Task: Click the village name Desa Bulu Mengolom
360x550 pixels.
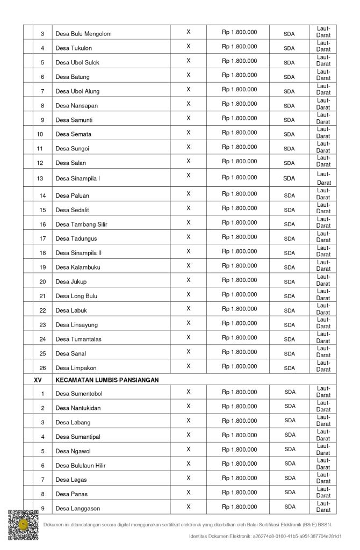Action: pyautogui.click(x=83, y=34)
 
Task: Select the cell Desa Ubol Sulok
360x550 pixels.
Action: pyautogui.click(x=77, y=63)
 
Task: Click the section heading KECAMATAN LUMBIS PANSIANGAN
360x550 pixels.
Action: pyautogui.click(x=107, y=380)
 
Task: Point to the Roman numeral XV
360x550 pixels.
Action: pyautogui.click(x=38, y=380)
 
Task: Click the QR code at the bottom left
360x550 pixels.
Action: pyautogui.click(x=23, y=525)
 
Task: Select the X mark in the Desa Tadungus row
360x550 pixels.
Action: pyautogui.click(x=189, y=237)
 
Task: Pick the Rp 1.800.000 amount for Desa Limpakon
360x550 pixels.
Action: pyautogui.click(x=239, y=366)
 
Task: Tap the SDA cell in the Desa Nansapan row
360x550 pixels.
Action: pyautogui.click(x=289, y=106)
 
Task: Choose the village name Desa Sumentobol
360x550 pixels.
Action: pyautogui.click(x=78, y=394)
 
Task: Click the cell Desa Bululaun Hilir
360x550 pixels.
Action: pyautogui.click(x=81, y=466)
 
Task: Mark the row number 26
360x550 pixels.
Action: pyautogui.click(x=42, y=368)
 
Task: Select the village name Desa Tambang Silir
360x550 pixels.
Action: pyautogui.click(x=81, y=225)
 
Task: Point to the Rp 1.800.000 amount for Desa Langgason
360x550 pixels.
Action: pyautogui.click(x=239, y=506)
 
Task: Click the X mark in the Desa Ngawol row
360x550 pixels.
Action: pyautogui.click(x=189, y=449)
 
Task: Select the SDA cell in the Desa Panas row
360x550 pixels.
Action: pyautogui.click(x=290, y=492)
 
